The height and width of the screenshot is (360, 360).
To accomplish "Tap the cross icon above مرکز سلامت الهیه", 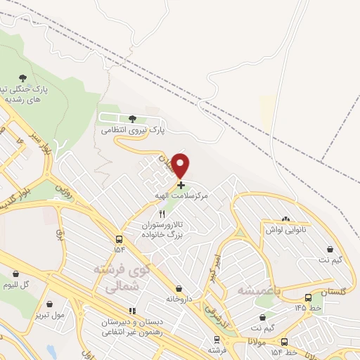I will click(181, 185).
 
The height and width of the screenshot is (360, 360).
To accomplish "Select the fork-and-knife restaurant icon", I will click(163, 214).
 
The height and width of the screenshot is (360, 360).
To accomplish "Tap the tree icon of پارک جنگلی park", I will click(23, 78).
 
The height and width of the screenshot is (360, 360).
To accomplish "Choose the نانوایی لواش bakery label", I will click(285, 230).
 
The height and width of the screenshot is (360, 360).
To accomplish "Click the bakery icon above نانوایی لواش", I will click(285, 219).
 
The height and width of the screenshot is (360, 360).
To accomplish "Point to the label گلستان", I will click(333, 290).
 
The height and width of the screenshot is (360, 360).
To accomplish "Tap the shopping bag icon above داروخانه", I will click(180, 288).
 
